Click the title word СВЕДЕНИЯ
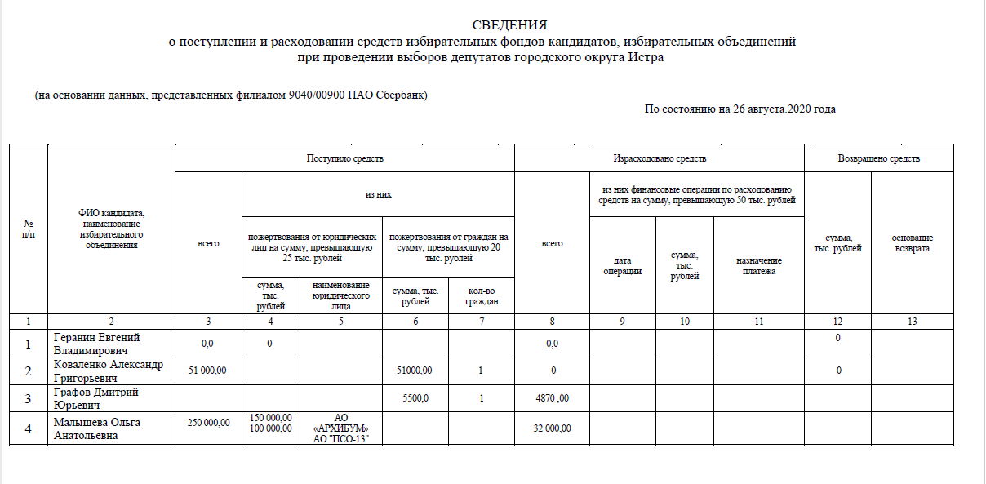point(509,25)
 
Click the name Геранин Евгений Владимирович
point(96,344)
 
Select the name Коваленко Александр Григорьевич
point(108,371)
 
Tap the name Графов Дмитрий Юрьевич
point(95,398)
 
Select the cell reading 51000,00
point(415,371)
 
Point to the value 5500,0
point(415,398)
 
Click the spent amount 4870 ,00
point(552,399)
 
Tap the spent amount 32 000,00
point(552,428)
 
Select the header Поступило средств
point(344,158)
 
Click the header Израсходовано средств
point(660,158)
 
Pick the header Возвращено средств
point(879,158)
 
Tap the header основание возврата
point(912,243)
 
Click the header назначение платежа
point(759,265)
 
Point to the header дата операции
point(622,265)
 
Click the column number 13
point(912,322)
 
